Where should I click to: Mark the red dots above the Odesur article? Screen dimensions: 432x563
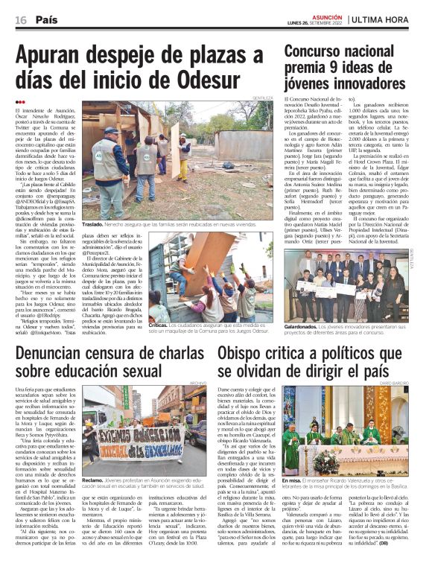pyautogui.click(x=19, y=101)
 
